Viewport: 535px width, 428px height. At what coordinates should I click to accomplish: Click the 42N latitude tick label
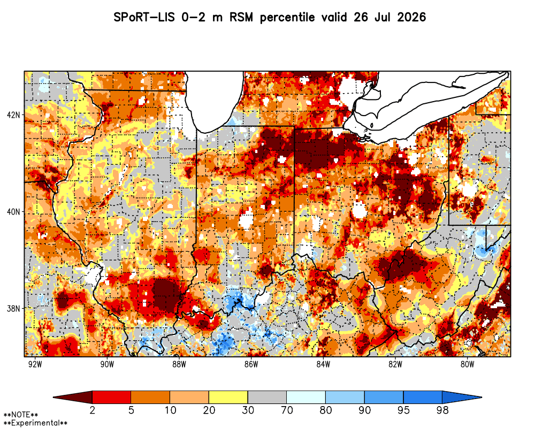point(14,114)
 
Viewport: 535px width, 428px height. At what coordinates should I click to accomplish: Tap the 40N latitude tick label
point(14,212)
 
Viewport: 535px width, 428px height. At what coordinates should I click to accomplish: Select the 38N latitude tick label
point(14,309)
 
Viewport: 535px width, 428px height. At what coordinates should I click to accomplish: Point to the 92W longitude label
point(35,364)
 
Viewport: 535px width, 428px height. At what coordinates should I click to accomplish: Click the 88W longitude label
point(179,364)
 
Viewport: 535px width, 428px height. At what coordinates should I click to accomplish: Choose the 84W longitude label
point(323,364)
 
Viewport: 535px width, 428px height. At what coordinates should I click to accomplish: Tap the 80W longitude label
point(467,364)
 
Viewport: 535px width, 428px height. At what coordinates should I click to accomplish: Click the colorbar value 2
point(92,410)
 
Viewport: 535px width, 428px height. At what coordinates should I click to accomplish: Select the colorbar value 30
point(248,410)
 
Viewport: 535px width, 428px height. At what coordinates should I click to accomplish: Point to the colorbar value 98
point(442,410)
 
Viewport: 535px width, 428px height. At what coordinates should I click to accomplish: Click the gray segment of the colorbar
point(267,398)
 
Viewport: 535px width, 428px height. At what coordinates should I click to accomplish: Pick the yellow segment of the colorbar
point(228,398)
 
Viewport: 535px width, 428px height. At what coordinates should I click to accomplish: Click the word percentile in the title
point(287,18)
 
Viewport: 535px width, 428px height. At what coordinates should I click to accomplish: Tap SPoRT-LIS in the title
point(144,17)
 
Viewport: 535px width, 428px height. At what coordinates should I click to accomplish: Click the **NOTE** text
point(21,415)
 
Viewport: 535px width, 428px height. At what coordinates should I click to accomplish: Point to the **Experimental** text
point(35,423)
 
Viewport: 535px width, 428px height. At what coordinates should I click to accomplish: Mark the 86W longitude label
point(251,364)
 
